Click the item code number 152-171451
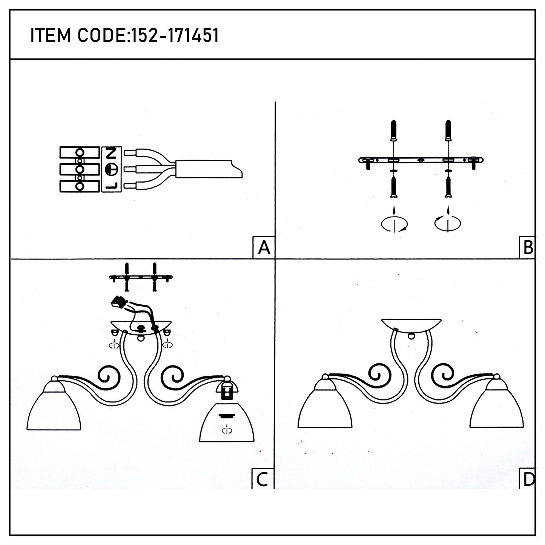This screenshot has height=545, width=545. (x=174, y=36)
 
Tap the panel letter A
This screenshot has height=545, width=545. (x=264, y=248)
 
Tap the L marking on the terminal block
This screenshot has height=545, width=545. (x=112, y=186)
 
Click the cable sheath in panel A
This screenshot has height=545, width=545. (x=209, y=169)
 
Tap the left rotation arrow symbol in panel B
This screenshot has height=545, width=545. (x=395, y=224)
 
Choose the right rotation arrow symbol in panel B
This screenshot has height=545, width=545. (x=448, y=223)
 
